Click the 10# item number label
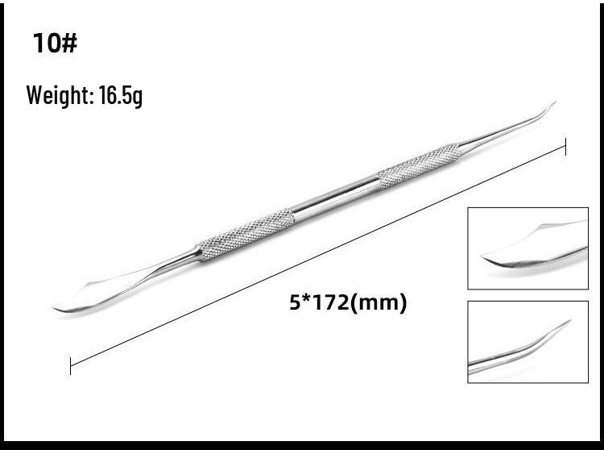click(55, 43)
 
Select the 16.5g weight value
click(121, 96)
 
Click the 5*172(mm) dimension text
click(348, 303)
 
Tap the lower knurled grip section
click(246, 234)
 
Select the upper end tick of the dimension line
click(565, 147)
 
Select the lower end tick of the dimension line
click(71, 365)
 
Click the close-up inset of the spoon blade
click(527, 248)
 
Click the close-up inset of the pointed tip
click(527, 341)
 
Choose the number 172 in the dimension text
click(338, 303)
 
